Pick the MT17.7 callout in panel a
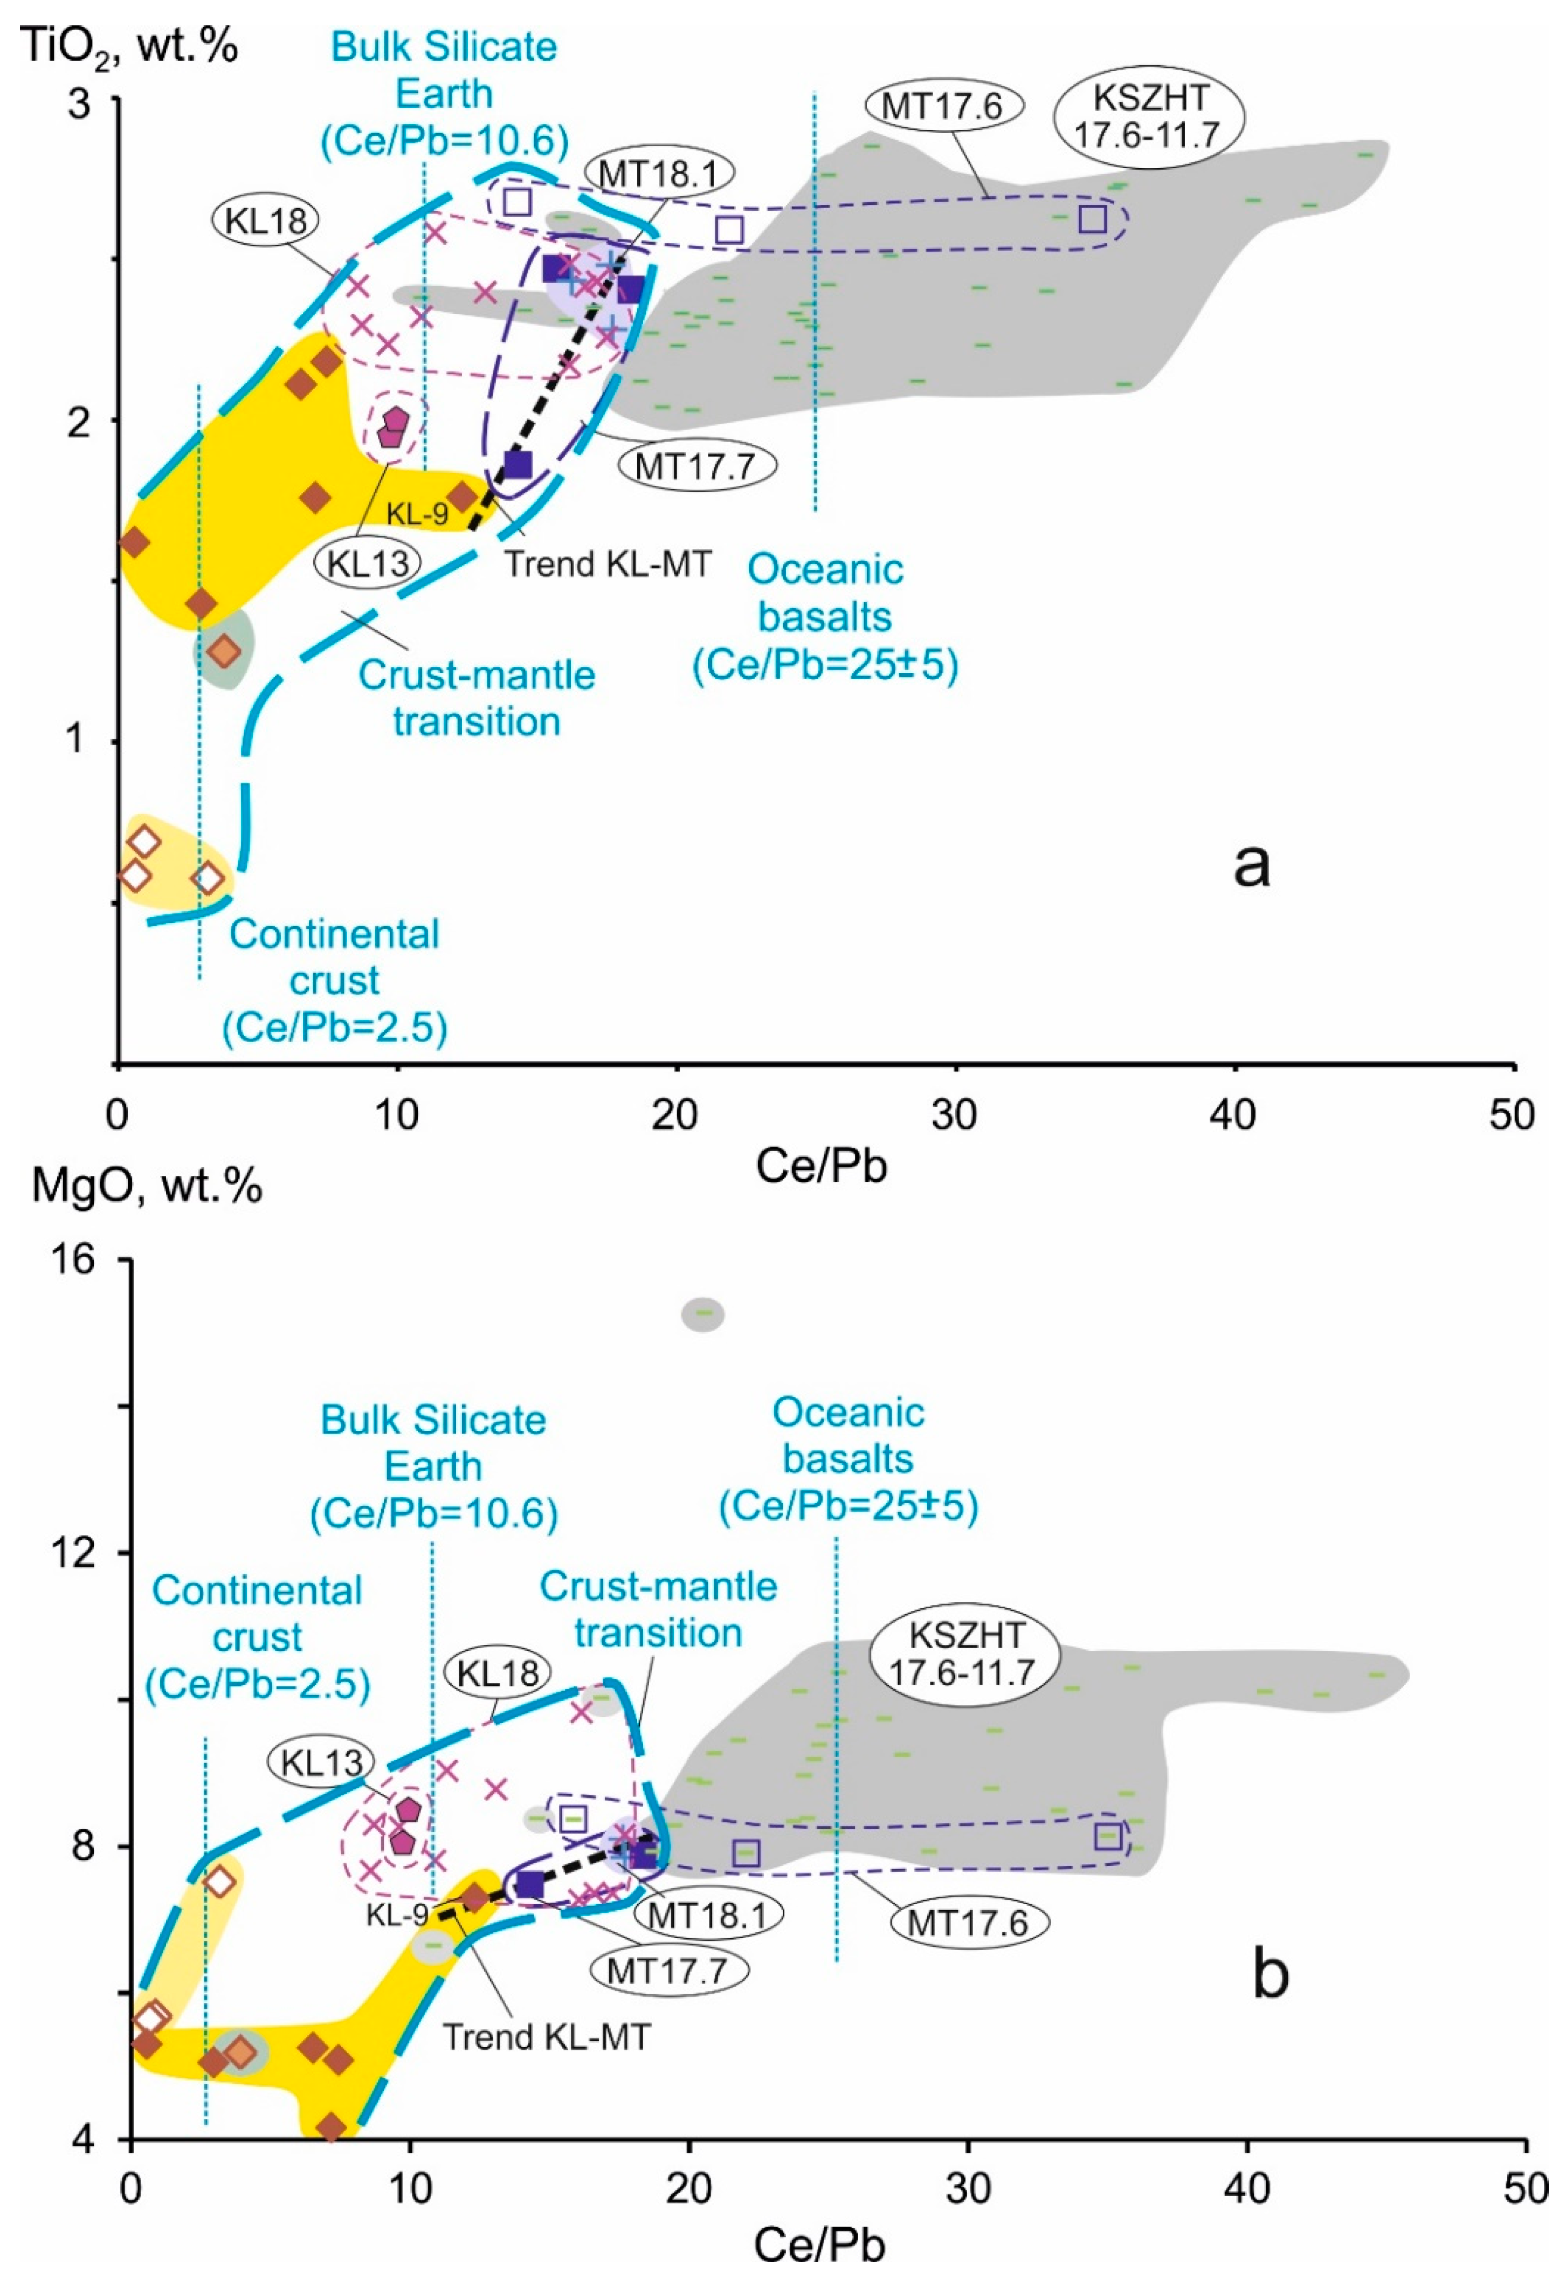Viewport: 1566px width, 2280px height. coord(696,465)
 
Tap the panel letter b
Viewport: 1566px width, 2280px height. coord(1271,1975)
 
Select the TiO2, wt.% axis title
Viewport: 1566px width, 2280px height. coord(129,47)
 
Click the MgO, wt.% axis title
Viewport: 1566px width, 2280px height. coord(147,1186)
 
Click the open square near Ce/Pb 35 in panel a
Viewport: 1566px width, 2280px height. coord(1092,219)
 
